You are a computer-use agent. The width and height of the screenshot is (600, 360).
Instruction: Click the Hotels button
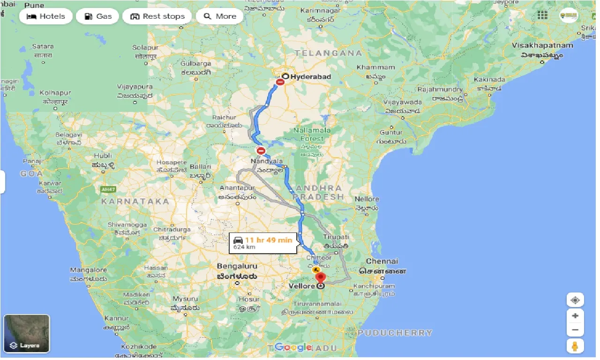[46, 16]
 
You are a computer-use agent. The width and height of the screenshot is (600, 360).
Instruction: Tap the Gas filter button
[98, 16]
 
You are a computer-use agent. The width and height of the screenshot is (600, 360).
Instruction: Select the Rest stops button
[157, 16]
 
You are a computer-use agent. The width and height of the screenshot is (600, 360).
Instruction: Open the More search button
[219, 16]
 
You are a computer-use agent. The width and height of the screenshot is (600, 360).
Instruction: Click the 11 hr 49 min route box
[263, 243]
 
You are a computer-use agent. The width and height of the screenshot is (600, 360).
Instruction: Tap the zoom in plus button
[575, 315]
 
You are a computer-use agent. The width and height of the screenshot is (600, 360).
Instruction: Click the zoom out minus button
[575, 330]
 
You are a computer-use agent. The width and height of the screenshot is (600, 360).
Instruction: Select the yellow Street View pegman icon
[575, 346]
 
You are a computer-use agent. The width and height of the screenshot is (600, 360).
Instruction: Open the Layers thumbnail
[26, 333]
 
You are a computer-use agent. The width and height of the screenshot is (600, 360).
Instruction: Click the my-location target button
[575, 300]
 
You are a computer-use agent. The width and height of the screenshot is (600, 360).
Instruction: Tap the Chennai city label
[382, 261]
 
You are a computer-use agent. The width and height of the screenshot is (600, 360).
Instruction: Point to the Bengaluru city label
[237, 266]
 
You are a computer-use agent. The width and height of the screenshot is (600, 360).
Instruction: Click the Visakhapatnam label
[543, 45]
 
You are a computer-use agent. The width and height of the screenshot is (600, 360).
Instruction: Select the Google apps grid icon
[542, 15]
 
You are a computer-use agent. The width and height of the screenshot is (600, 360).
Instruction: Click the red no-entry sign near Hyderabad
[280, 82]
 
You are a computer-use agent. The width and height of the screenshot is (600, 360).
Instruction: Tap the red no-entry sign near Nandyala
[261, 151]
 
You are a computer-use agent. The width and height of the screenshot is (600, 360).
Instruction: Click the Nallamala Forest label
[312, 134]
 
